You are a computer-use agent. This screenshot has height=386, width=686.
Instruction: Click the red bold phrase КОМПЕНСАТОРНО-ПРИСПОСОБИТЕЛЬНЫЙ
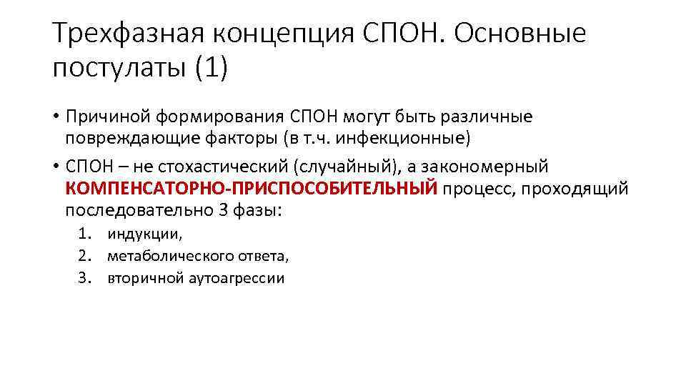click(251, 189)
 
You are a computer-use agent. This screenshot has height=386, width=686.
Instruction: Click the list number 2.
click(84, 255)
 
